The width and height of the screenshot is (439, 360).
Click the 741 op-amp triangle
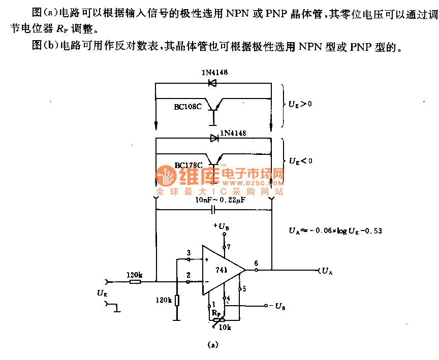point(222,270)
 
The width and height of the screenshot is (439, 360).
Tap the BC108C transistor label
point(189,107)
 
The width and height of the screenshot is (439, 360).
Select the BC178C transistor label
point(189,165)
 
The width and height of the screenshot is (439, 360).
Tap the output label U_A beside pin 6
point(327,271)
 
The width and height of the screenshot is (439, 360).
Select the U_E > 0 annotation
point(300,104)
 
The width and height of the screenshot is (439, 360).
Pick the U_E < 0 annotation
point(300,160)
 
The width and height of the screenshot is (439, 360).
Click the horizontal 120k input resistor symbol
point(135,281)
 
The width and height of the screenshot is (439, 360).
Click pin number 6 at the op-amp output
point(256,263)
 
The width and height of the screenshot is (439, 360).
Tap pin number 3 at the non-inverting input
point(189,253)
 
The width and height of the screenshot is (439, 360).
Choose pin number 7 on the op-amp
point(229,247)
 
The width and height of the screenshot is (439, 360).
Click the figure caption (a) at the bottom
point(213,346)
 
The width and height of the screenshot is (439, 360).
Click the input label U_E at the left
point(102,293)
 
